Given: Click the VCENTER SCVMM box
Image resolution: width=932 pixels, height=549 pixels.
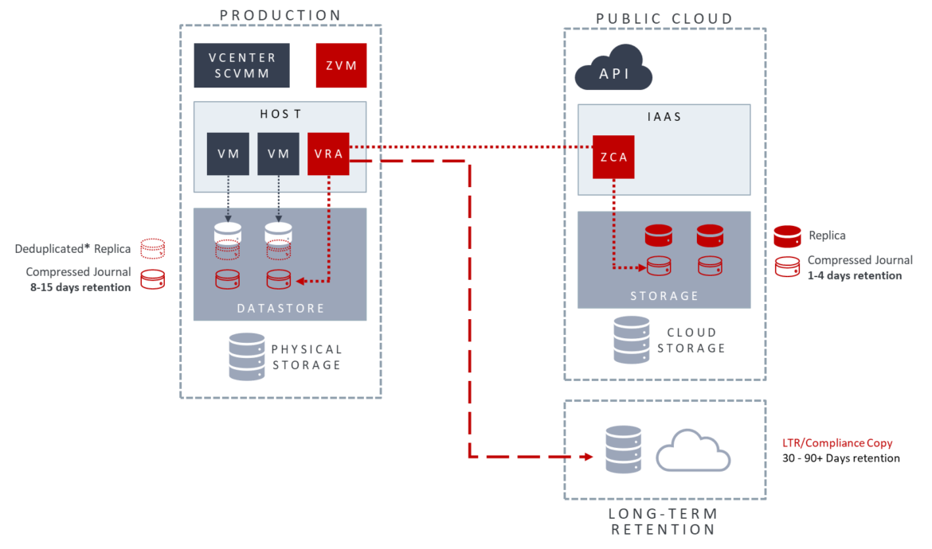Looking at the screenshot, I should (x=241, y=65).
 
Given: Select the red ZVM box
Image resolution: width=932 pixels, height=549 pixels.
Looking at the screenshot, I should (x=341, y=65).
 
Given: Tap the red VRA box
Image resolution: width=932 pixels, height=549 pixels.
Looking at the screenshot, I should (x=328, y=154).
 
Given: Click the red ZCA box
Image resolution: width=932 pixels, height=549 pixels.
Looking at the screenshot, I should (x=613, y=157).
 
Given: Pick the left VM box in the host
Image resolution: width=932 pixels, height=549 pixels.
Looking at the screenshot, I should (x=228, y=154).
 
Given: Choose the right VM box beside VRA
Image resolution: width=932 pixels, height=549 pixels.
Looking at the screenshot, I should (x=278, y=154).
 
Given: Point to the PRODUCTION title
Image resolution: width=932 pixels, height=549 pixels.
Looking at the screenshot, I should (x=280, y=15).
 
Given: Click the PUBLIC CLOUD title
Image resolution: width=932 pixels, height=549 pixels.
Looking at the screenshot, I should (x=664, y=18).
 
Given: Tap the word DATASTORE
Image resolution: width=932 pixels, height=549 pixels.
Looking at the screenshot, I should (x=280, y=308).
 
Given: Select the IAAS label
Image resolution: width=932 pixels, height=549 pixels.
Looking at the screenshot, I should (x=664, y=117).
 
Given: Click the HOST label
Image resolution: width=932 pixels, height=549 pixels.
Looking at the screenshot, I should (x=280, y=114).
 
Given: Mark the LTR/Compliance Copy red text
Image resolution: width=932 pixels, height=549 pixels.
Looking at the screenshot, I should (x=837, y=442).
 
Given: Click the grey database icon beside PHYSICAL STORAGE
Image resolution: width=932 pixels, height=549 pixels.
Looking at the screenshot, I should (x=246, y=356).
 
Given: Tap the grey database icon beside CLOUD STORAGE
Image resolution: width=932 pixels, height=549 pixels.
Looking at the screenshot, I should (x=631, y=340).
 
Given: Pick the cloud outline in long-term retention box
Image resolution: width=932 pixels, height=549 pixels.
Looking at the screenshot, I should (x=693, y=451).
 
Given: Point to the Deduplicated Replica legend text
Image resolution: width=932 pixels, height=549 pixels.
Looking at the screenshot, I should (x=72, y=249).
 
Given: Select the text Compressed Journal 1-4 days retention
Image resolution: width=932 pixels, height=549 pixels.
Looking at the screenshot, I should (x=860, y=267).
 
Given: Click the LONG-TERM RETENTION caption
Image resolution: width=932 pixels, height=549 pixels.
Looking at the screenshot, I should (x=665, y=521).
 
